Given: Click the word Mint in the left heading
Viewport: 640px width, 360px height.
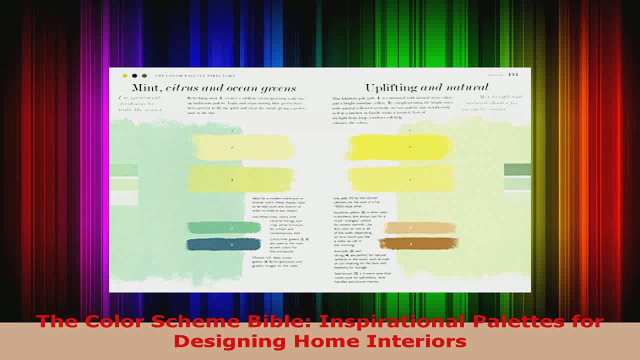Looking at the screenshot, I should point(145,88).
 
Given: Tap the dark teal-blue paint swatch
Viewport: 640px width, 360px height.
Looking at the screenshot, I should point(224,244).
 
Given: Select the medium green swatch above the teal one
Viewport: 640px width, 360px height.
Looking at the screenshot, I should point(224,228).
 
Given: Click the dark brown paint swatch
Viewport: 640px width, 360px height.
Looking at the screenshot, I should point(417,244).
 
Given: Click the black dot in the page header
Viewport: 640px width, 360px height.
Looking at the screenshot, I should point(134,76).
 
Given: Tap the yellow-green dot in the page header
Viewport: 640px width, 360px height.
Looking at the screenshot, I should point(125,76).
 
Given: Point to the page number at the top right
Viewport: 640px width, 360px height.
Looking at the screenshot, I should point(513,75).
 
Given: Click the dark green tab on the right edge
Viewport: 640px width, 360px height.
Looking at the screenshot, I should point(517,169).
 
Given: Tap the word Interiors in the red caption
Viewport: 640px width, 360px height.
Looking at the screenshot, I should point(418,341).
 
